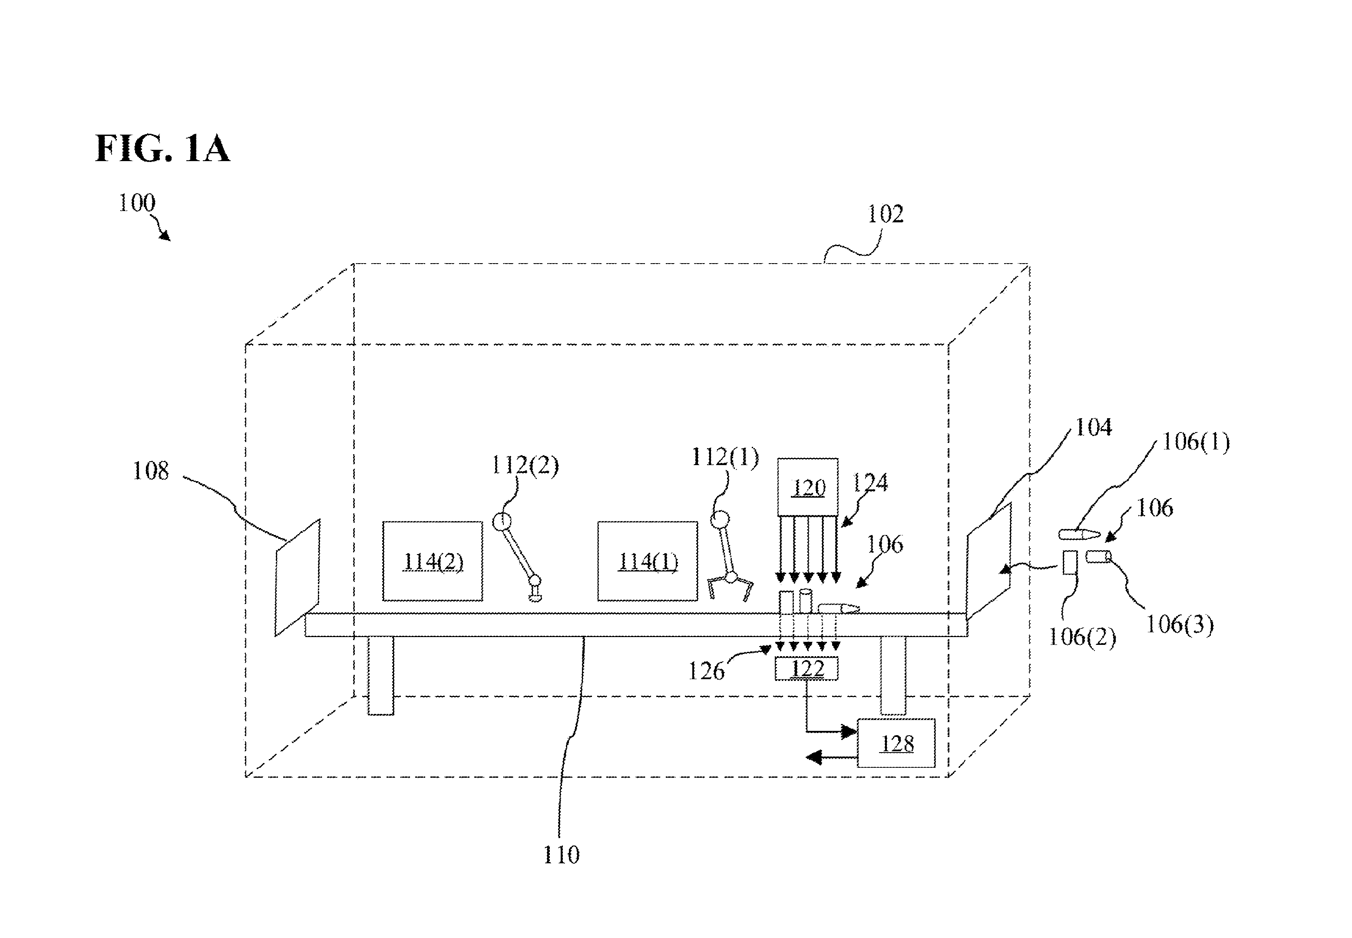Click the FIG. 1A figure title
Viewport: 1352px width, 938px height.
pyautogui.click(x=162, y=148)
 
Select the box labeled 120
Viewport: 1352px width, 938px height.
pyautogui.click(x=808, y=487)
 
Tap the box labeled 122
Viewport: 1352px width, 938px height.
pyautogui.click(x=807, y=669)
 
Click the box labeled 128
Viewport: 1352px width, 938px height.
pyautogui.click(x=896, y=743)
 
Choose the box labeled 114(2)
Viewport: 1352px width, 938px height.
pyautogui.click(x=433, y=561)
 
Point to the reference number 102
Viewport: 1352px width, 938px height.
pyautogui.click(x=885, y=214)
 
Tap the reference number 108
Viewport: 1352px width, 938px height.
pyautogui.click(x=150, y=471)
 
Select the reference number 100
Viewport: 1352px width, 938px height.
pyautogui.click(x=137, y=203)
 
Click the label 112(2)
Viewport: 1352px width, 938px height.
pyautogui.click(x=525, y=466)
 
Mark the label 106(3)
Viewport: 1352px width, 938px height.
pyautogui.click(x=1180, y=624)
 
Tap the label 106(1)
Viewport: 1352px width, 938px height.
pyautogui.click(x=1196, y=441)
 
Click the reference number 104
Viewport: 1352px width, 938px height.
pyautogui.click(x=1093, y=427)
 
